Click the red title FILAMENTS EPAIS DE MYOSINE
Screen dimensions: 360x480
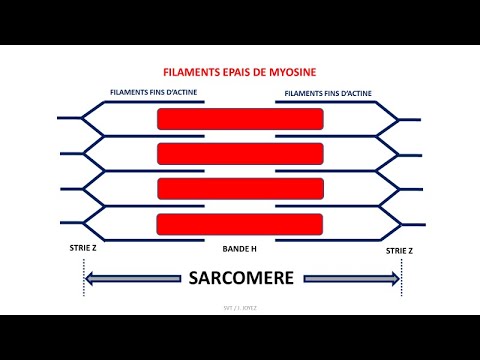pyautogui.click(x=240, y=73)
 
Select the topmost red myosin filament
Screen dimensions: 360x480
pyautogui.click(x=240, y=119)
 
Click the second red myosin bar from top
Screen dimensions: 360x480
pyautogui.click(x=240, y=153)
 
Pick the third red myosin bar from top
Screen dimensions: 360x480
pyautogui.click(x=240, y=188)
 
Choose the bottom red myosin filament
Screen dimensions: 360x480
pyautogui.click(x=240, y=222)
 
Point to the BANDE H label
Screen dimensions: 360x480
pyautogui.click(x=240, y=245)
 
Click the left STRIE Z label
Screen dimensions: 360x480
pyautogui.click(x=80, y=245)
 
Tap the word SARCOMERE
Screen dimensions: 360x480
pyautogui.click(x=241, y=279)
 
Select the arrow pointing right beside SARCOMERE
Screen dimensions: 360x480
pyautogui.click(x=351, y=279)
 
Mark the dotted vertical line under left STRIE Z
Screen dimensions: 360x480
pyautogui.click(x=80, y=275)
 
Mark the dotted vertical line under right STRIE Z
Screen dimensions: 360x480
pyautogui.click(x=401, y=275)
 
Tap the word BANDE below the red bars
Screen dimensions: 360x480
pyautogui.click(x=232, y=245)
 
